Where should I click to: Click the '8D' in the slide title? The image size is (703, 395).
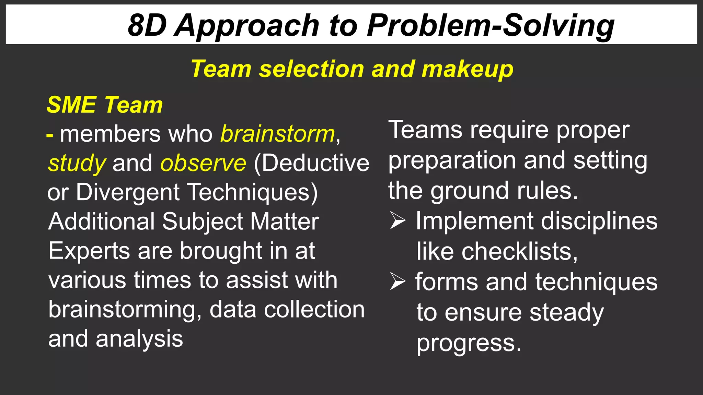pos(147,25)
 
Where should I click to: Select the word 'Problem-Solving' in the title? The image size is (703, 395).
pos(491,26)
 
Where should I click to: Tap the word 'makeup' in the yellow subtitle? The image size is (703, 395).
pos(467,69)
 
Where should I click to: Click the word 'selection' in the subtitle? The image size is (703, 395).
pos(311,69)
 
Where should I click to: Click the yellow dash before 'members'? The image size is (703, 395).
pos(50,135)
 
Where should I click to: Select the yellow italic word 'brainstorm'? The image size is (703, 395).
pos(277,134)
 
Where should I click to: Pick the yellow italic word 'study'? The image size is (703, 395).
pos(77,164)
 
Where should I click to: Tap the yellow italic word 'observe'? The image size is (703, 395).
pos(203,163)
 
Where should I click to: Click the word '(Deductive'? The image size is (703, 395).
pos(311,163)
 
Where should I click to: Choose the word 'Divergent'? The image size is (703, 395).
pos(128,192)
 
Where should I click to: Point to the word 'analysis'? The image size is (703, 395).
pos(139,339)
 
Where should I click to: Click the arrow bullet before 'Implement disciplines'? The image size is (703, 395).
pos(398,221)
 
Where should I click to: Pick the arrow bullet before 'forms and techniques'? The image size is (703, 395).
pos(398,282)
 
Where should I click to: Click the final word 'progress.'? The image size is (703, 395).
pos(469,343)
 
